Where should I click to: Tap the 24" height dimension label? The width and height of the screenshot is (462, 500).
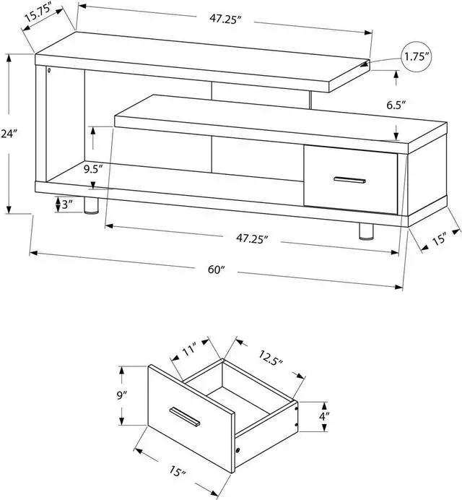(x=9, y=134)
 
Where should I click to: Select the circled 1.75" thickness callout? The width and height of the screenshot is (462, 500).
(x=417, y=56)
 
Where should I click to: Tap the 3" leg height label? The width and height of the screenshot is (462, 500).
(x=67, y=204)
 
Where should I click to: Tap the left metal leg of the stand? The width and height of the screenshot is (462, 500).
(x=91, y=207)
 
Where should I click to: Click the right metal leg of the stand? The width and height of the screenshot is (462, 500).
(x=365, y=232)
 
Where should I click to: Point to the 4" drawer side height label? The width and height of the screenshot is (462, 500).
(x=324, y=415)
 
